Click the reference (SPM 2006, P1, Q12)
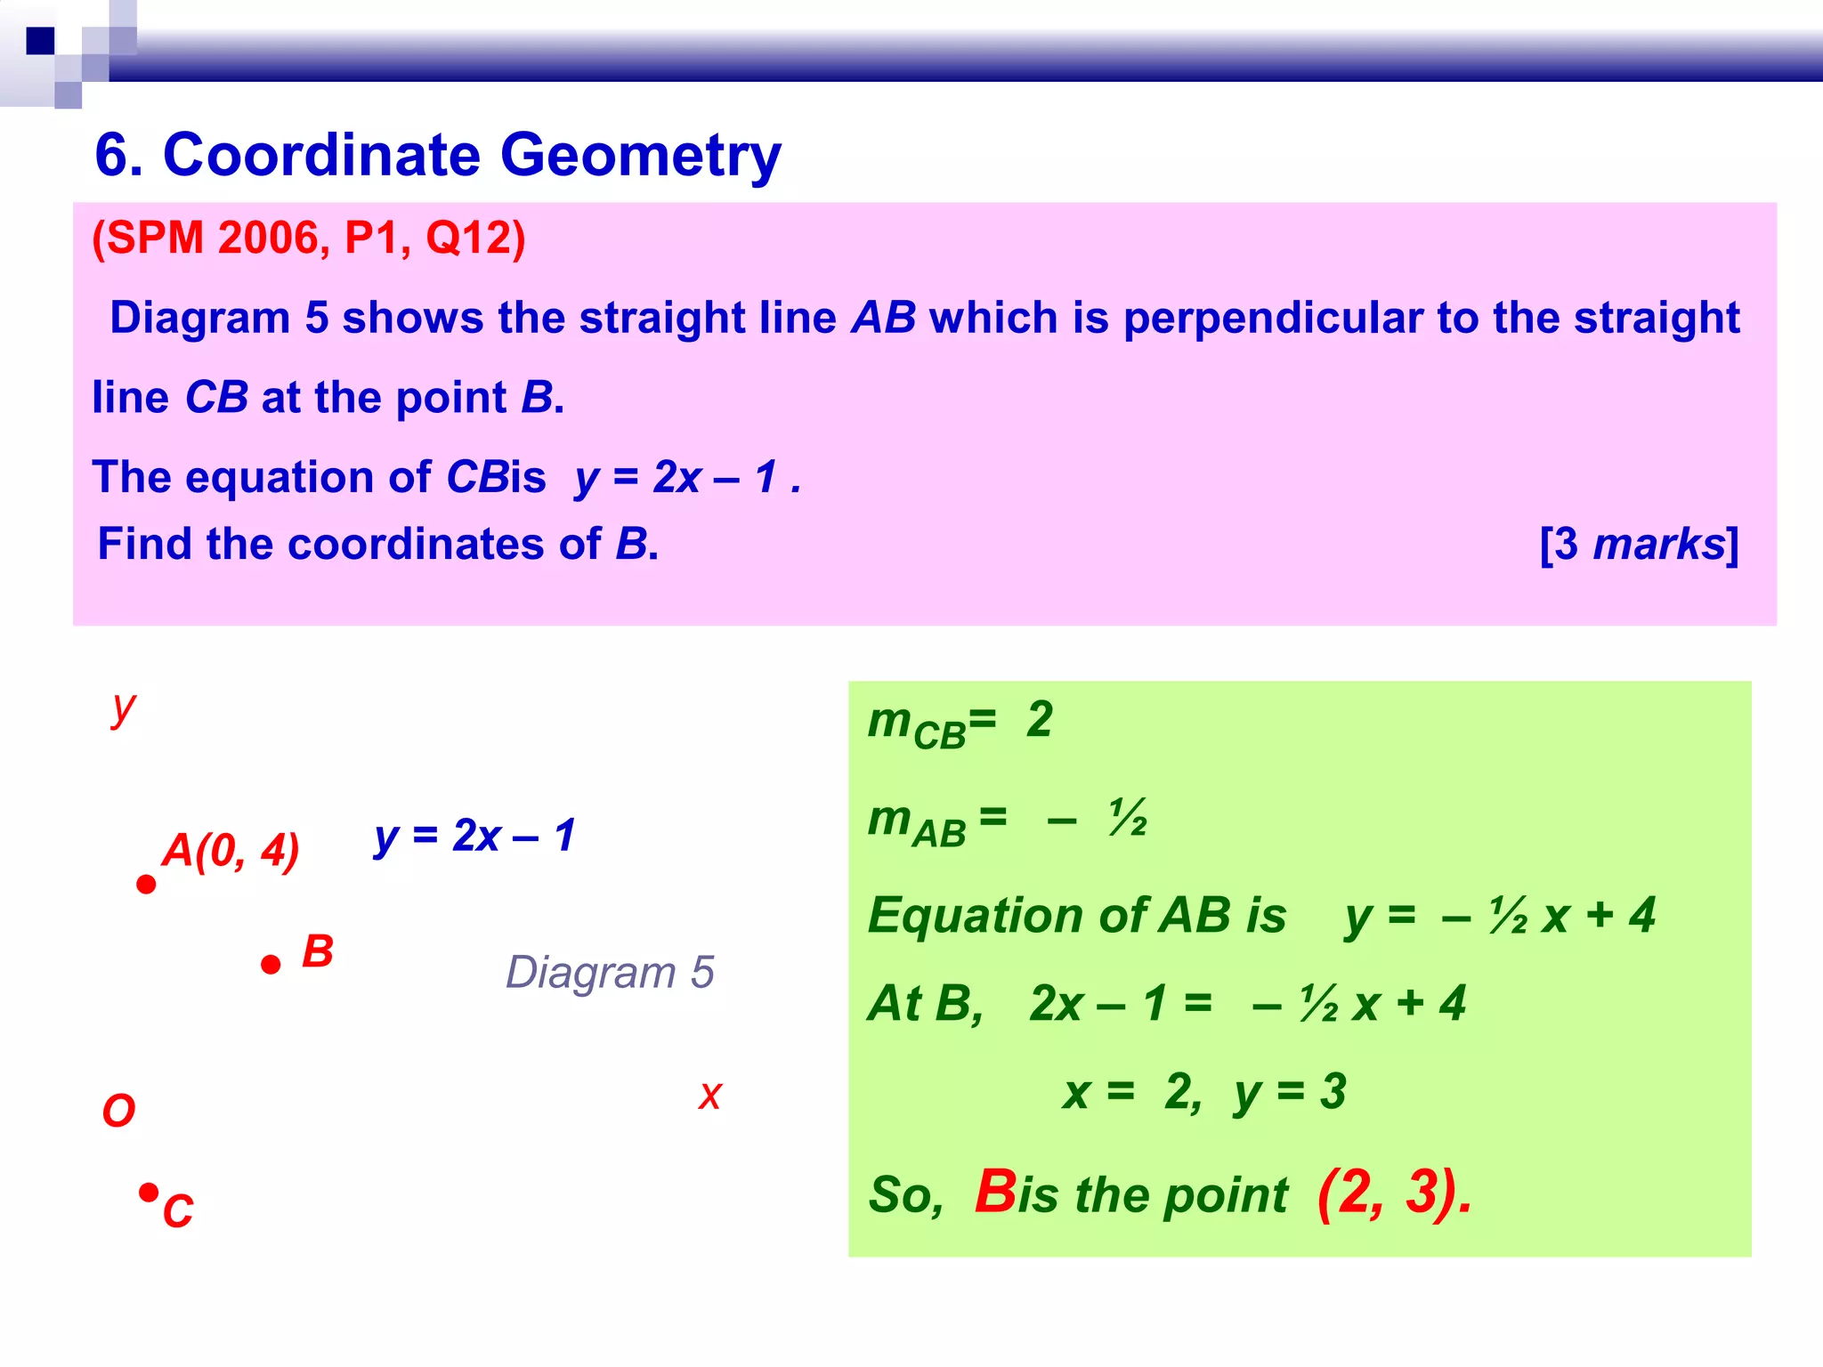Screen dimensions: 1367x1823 [x=309, y=239]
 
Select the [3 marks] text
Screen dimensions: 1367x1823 [x=1639, y=544]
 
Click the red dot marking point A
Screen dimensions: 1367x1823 [x=147, y=885]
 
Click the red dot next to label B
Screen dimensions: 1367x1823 [x=271, y=965]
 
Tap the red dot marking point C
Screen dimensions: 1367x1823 [x=149, y=1192]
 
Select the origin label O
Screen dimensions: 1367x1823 [x=118, y=1111]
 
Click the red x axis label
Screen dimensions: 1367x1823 [x=709, y=1096]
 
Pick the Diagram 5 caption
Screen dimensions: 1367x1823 [x=610, y=972]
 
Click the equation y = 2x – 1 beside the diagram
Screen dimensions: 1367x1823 [x=474, y=836]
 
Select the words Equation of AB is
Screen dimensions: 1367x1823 [x=1077, y=916]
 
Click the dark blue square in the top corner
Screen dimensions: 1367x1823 [x=40, y=41]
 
